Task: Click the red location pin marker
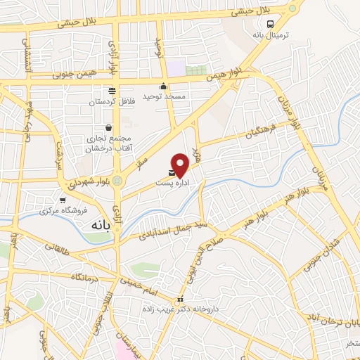181,164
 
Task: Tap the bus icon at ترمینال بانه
271,24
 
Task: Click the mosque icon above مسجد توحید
164,86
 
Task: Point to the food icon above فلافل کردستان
112,90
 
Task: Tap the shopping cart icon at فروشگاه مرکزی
63,200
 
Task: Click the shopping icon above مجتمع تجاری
108,128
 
